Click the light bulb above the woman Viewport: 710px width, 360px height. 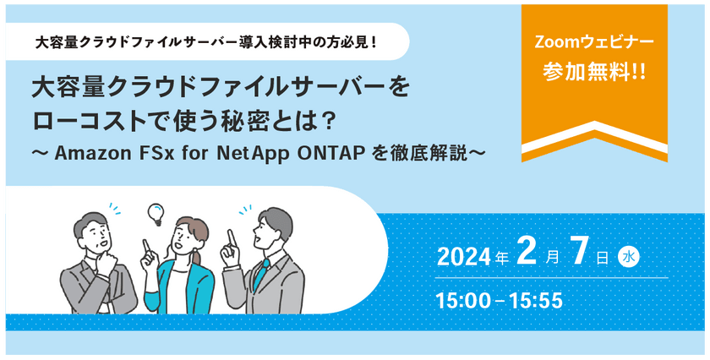coord(156,214)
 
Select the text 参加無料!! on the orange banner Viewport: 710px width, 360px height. coord(594,73)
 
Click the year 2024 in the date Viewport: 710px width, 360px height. coord(464,258)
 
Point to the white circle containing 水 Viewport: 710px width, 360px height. coord(628,258)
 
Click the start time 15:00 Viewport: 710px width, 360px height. coord(463,301)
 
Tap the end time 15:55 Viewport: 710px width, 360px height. coord(537,301)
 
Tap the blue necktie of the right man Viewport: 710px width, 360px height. coord(260,273)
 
